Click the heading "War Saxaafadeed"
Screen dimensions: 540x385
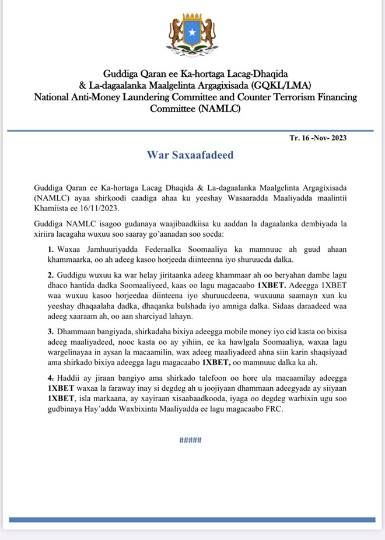(190, 155)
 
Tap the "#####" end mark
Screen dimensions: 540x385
(190, 441)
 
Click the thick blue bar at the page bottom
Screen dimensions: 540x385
(192, 518)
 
